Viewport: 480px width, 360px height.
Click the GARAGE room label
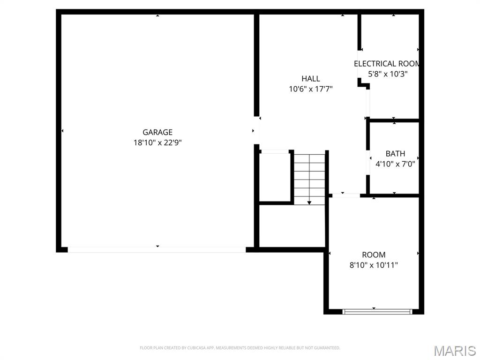point(157,132)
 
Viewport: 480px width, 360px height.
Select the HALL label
point(311,79)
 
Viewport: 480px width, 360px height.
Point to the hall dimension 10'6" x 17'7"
point(311,89)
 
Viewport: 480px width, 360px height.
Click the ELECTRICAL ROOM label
point(387,64)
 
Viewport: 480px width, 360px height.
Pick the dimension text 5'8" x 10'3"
point(388,74)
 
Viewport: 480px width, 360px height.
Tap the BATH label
point(395,154)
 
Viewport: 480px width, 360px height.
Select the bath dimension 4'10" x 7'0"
point(395,164)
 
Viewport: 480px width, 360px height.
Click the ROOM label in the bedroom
point(374,255)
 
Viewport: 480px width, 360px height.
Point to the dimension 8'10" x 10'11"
point(374,265)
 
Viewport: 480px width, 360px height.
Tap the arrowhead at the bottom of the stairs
point(309,202)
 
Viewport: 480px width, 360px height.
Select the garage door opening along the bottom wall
point(157,250)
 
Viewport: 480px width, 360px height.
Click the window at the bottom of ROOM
point(377,311)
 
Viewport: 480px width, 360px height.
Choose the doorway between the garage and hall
point(256,130)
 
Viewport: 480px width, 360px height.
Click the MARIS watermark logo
point(454,351)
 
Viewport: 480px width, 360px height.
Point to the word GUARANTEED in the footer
point(327,348)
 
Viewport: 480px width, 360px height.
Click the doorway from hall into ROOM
point(345,195)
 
